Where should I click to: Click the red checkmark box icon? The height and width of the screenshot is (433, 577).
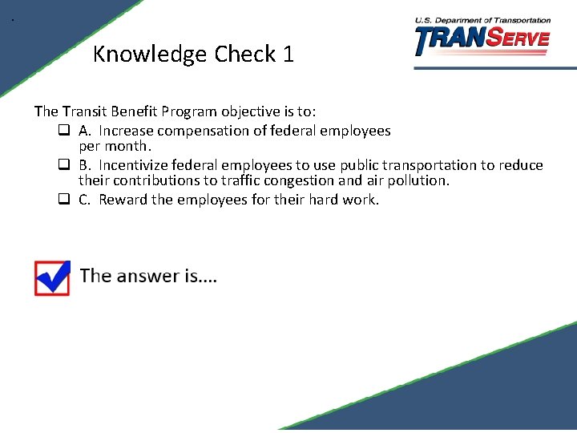(x=52, y=278)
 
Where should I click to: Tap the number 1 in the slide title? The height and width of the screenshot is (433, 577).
(x=288, y=55)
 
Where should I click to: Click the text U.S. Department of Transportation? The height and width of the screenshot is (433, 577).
(x=482, y=20)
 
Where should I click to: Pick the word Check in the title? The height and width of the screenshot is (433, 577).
(x=244, y=55)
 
